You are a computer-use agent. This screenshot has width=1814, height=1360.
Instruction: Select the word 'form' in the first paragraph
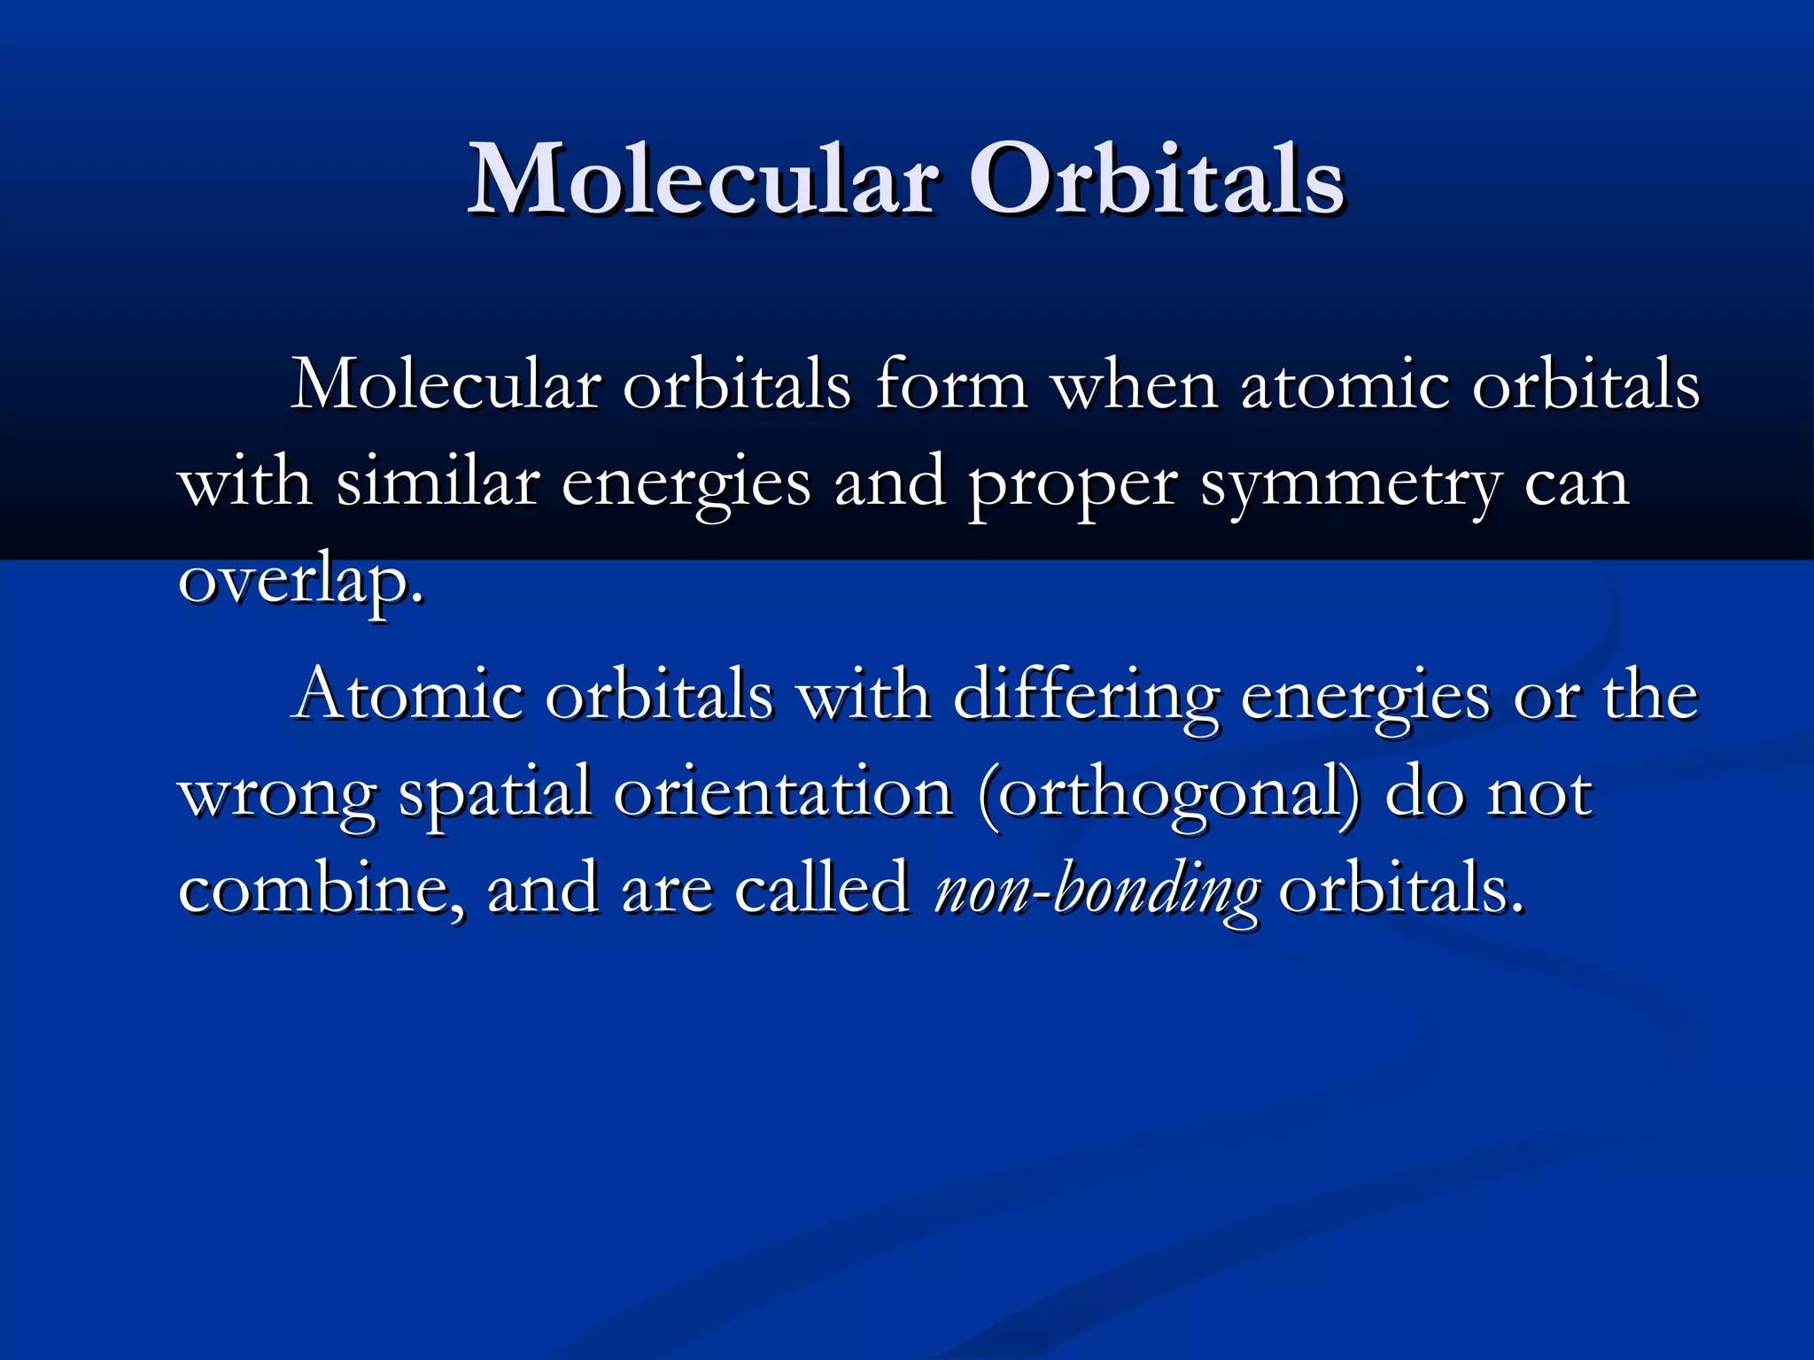951,384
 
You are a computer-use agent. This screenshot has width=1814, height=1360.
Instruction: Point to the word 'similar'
438,483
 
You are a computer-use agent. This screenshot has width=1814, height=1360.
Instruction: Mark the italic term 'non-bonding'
1096,891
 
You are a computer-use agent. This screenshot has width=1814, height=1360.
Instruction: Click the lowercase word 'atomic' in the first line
1345,384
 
